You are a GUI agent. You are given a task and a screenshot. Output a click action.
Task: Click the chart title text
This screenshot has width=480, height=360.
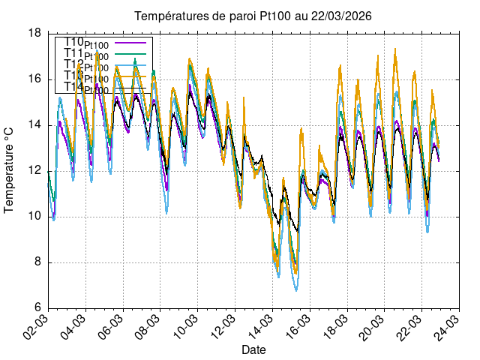click(x=253, y=16)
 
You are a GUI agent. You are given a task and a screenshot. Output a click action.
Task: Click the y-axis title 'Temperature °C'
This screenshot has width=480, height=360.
click(x=9, y=169)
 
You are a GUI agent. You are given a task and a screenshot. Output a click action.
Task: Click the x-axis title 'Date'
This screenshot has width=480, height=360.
click(x=253, y=350)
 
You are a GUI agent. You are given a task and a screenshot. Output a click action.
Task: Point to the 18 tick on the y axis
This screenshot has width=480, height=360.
click(x=34, y=33)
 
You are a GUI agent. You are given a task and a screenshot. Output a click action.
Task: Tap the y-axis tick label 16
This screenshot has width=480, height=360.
click(x=34, y=79)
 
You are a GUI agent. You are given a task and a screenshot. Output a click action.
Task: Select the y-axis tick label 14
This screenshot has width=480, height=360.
click(x=34, y=125)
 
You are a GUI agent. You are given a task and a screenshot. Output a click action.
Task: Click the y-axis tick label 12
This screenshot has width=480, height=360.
click(x=34, y=171)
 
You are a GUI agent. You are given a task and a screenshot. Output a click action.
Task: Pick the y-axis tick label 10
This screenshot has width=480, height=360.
click(x=34, y=217)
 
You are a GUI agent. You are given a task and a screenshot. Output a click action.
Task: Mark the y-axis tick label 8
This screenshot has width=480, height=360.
click(x=37, y=262)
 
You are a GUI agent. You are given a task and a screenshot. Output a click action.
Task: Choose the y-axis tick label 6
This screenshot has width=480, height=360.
click(x=37, y=308)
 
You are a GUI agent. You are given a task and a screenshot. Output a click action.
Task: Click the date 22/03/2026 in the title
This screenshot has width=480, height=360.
click(x=343, y=16)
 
